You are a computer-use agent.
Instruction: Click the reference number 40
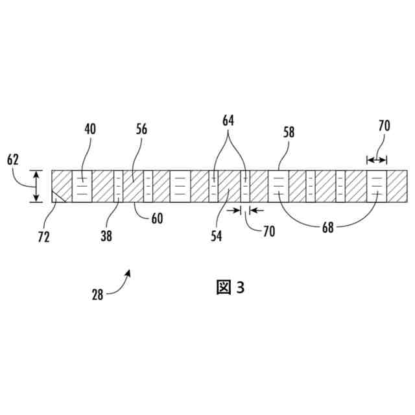coord(89,128)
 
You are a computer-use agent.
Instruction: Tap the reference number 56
coord(141,128)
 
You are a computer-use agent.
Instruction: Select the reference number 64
coord(228,121)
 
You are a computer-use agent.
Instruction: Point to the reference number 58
coord(289,132)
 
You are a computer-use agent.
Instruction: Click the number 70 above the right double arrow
coord(384,126)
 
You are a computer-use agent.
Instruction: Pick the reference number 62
coord(14,159)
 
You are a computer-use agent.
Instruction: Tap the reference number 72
coord(44,237)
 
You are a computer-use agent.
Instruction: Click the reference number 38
coord(106,237)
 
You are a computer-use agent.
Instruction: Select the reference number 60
coord(157,219)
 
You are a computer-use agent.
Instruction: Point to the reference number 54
coord(216,237)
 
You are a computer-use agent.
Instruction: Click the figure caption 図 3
coord(230,287)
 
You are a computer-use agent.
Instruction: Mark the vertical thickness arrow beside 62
coord(36,187)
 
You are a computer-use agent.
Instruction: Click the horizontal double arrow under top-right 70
coord(376,160)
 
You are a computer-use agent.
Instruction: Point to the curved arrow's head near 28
coord(129,272)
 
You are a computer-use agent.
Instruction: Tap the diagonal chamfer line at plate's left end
coord(60,196)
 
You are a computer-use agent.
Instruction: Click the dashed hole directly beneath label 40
coord(82,187)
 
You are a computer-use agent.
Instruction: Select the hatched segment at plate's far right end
coord(397,187)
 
